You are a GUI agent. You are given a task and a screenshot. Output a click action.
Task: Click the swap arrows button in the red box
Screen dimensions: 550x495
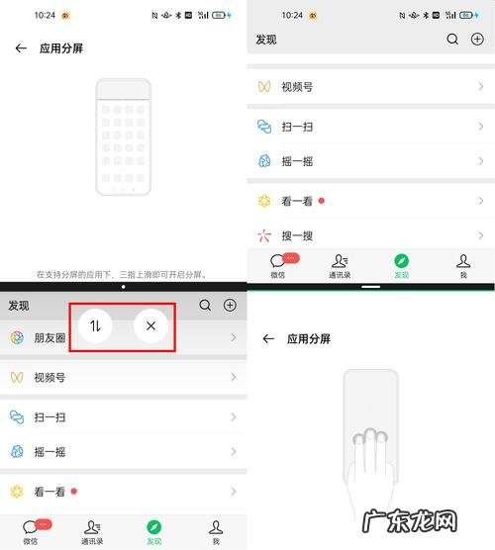click(x=96, y=325)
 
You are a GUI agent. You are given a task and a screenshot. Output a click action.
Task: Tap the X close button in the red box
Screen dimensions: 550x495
click(x=150, y=325)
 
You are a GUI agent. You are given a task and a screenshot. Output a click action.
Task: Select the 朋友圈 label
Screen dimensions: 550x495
click(x=50, y=338)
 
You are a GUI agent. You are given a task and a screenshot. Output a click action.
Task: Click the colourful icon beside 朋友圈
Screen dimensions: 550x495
click(x=17, y=338)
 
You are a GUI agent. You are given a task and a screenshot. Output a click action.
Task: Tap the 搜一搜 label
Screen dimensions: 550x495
click(x=298, y=235)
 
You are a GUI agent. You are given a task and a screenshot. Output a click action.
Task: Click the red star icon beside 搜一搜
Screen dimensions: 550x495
click(x=263, y=235)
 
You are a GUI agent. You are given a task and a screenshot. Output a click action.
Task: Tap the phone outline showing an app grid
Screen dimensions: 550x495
click(x=124, y=137)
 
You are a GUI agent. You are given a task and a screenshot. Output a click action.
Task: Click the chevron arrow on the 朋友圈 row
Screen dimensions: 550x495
click(x=234, y=338)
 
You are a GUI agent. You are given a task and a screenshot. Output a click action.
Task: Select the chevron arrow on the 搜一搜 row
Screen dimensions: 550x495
click(x=481, y=235)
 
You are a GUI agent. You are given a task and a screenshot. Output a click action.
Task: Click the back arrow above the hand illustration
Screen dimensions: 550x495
click(x=268, y=338)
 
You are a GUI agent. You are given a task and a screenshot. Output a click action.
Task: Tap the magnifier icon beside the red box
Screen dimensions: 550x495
click(x=205, y=306)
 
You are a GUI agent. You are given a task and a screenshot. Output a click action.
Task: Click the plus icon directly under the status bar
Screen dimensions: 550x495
click(x=477, y=40)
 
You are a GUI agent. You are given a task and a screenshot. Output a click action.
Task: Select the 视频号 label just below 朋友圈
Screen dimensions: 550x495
click(x=50, y=377)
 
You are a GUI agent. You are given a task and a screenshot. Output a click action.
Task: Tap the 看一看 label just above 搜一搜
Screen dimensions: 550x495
click(x=298, y=201)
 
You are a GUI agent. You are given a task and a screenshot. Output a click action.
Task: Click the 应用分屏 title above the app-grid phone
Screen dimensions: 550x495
click(x=60, y=47)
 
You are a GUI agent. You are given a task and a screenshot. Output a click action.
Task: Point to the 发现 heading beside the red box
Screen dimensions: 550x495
click(x=19, y=306)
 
